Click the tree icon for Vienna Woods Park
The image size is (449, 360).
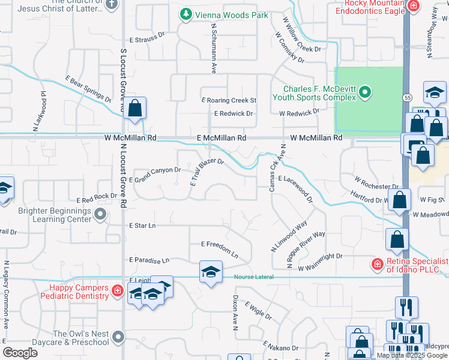[x=186, y=14]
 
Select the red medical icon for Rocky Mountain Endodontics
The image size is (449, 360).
[x=412, y=5]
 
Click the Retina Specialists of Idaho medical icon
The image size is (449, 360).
[x=377, y=264]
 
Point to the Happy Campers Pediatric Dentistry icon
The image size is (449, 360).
[x=118, y=292]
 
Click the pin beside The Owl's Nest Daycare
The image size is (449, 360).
[x=118, y=338]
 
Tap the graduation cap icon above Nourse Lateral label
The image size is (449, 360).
[x=211, y=272]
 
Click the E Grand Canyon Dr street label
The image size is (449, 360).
[x=155, y=170]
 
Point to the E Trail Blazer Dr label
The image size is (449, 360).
[x=207, y=172]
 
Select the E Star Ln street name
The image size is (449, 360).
[x=142, y=226]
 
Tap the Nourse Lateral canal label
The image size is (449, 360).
[x=255, y=277]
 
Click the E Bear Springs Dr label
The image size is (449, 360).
[x=88, y=89]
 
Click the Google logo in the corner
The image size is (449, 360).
[x=20, y=353]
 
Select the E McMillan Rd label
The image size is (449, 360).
[x=221, y=138]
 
